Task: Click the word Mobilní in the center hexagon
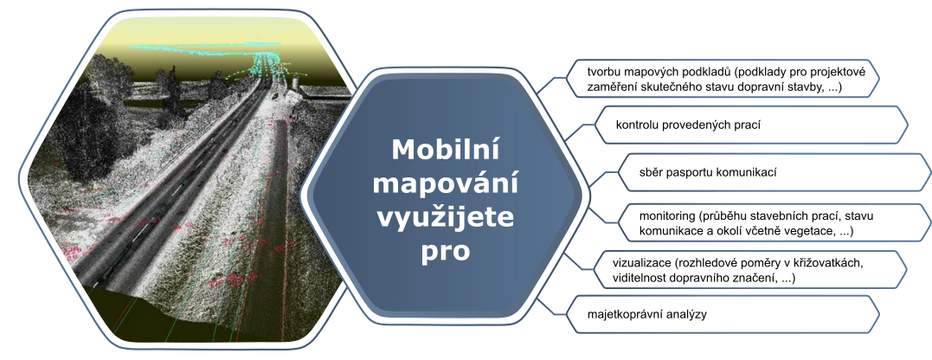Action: coord(445,149)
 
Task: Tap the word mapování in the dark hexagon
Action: coord(445,184)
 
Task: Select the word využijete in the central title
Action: coord(445,218)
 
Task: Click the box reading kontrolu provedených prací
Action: coord(751,125)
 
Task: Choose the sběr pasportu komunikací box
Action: coord(775,172)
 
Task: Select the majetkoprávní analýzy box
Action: coord(723,314)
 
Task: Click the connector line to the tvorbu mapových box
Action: coord(551,86)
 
